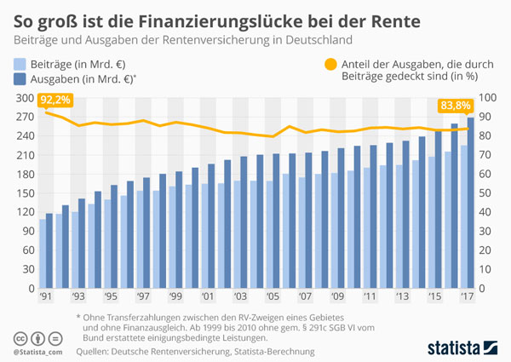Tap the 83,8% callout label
[456, 106]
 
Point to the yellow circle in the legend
[325, 64]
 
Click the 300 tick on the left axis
[24, 98]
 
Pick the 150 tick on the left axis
[24, 192]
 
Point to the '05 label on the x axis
[273, 297]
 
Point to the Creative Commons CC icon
[19, 337]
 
